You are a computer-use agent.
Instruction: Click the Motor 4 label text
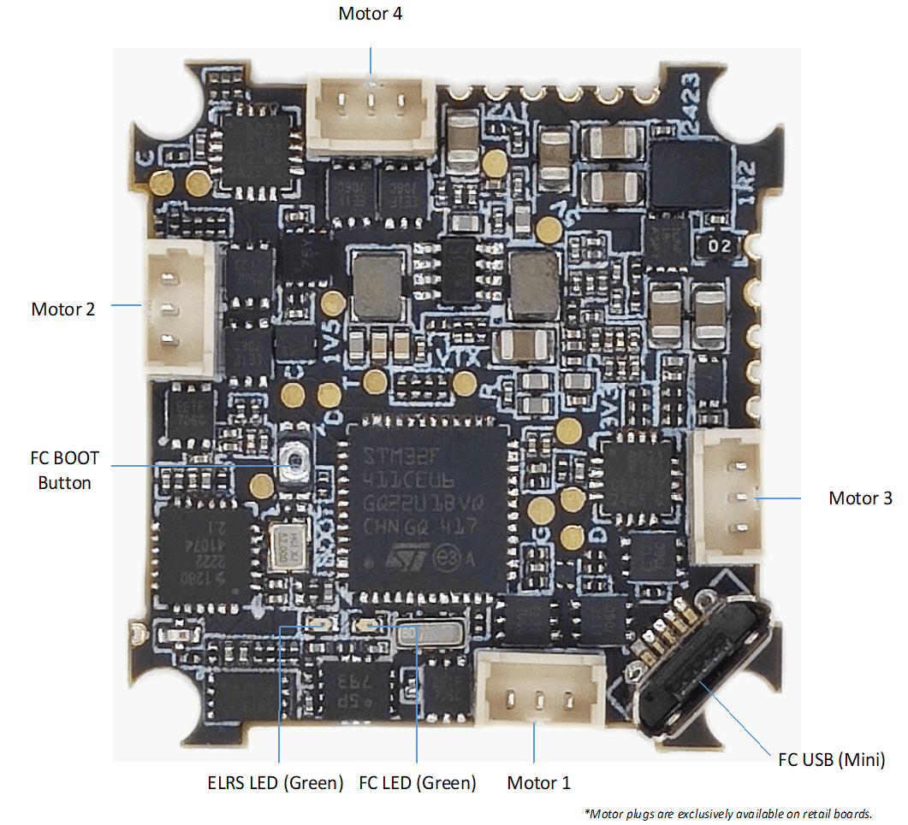point(370,14)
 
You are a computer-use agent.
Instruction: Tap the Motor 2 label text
point(63,309)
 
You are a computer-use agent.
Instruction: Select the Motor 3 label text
point(860,498)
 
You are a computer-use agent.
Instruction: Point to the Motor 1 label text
point(538,782)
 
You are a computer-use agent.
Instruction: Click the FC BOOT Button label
point(64,470)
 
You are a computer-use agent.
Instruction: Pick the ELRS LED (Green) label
point(275,782)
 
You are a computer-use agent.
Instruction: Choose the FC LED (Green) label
point(417,782)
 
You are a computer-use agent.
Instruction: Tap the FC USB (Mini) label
point(831,759)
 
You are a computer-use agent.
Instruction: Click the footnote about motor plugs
point(727,812)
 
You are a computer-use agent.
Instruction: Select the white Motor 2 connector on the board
point(180,308)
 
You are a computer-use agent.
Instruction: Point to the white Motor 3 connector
point(728,496)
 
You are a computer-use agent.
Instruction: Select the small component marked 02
point(719,246)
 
